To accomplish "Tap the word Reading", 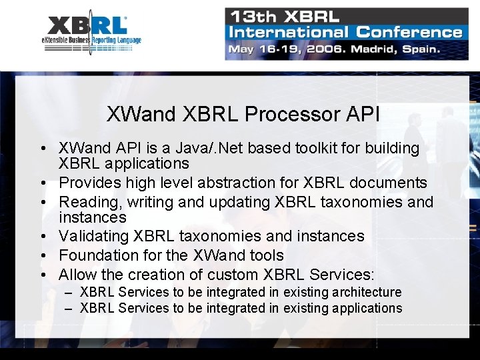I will [x=84, y=202].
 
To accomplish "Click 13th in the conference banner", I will [x=250, y=16].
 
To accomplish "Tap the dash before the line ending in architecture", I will [x=69, y=293].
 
